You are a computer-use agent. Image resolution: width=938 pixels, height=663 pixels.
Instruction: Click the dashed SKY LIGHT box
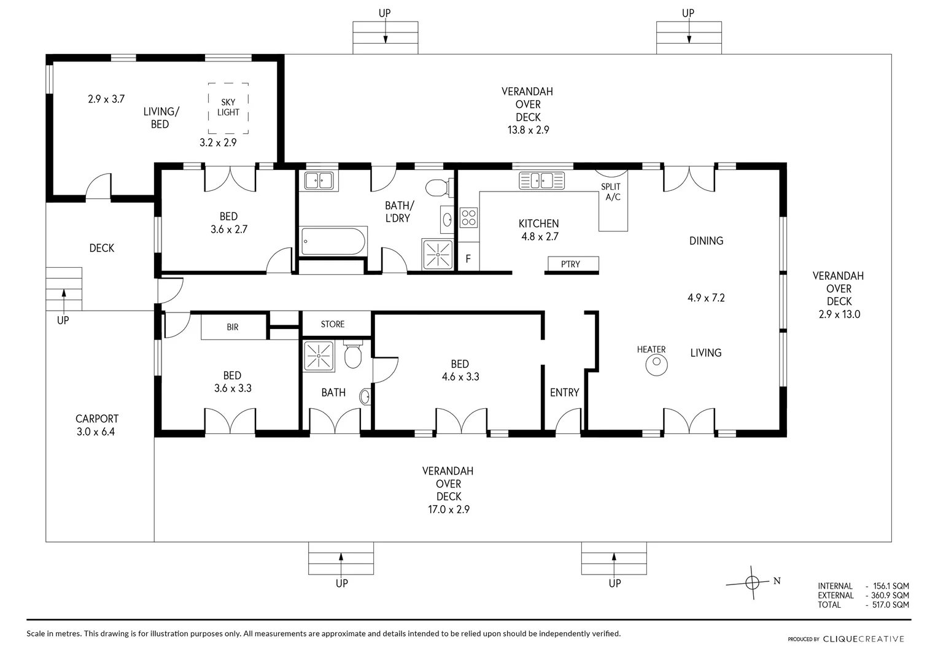(x=209, y=108)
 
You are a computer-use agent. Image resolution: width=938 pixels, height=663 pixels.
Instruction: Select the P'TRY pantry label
(x=570, y=264)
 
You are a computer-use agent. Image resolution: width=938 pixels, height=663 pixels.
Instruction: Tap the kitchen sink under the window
(x=541, y=180)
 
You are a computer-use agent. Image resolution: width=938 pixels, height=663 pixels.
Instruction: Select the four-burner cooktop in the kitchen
(x=468, y=218)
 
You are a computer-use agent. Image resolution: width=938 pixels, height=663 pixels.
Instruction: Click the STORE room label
(x=333, y=324)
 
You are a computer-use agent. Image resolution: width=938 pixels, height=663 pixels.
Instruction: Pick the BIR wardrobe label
(x=233, y=327)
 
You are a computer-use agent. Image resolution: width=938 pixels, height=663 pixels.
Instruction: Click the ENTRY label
(x=565, y=392)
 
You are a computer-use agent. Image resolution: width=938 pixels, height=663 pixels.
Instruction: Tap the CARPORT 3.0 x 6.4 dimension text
(x=96, y=432)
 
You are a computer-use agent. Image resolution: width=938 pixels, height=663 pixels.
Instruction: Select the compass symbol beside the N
(x=751, y=583)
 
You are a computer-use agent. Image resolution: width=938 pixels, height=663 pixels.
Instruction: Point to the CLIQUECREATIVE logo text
(x=864, y=639)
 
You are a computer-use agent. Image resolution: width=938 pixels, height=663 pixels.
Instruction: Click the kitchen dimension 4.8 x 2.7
(x=540, y=236)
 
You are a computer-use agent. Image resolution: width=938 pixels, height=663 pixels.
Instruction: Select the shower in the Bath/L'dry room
(x=438, y=254)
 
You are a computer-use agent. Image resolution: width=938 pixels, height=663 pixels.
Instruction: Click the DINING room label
(x=706, y=241)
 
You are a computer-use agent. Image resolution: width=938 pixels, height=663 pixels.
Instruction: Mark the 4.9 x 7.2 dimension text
(x=706, y=298)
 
